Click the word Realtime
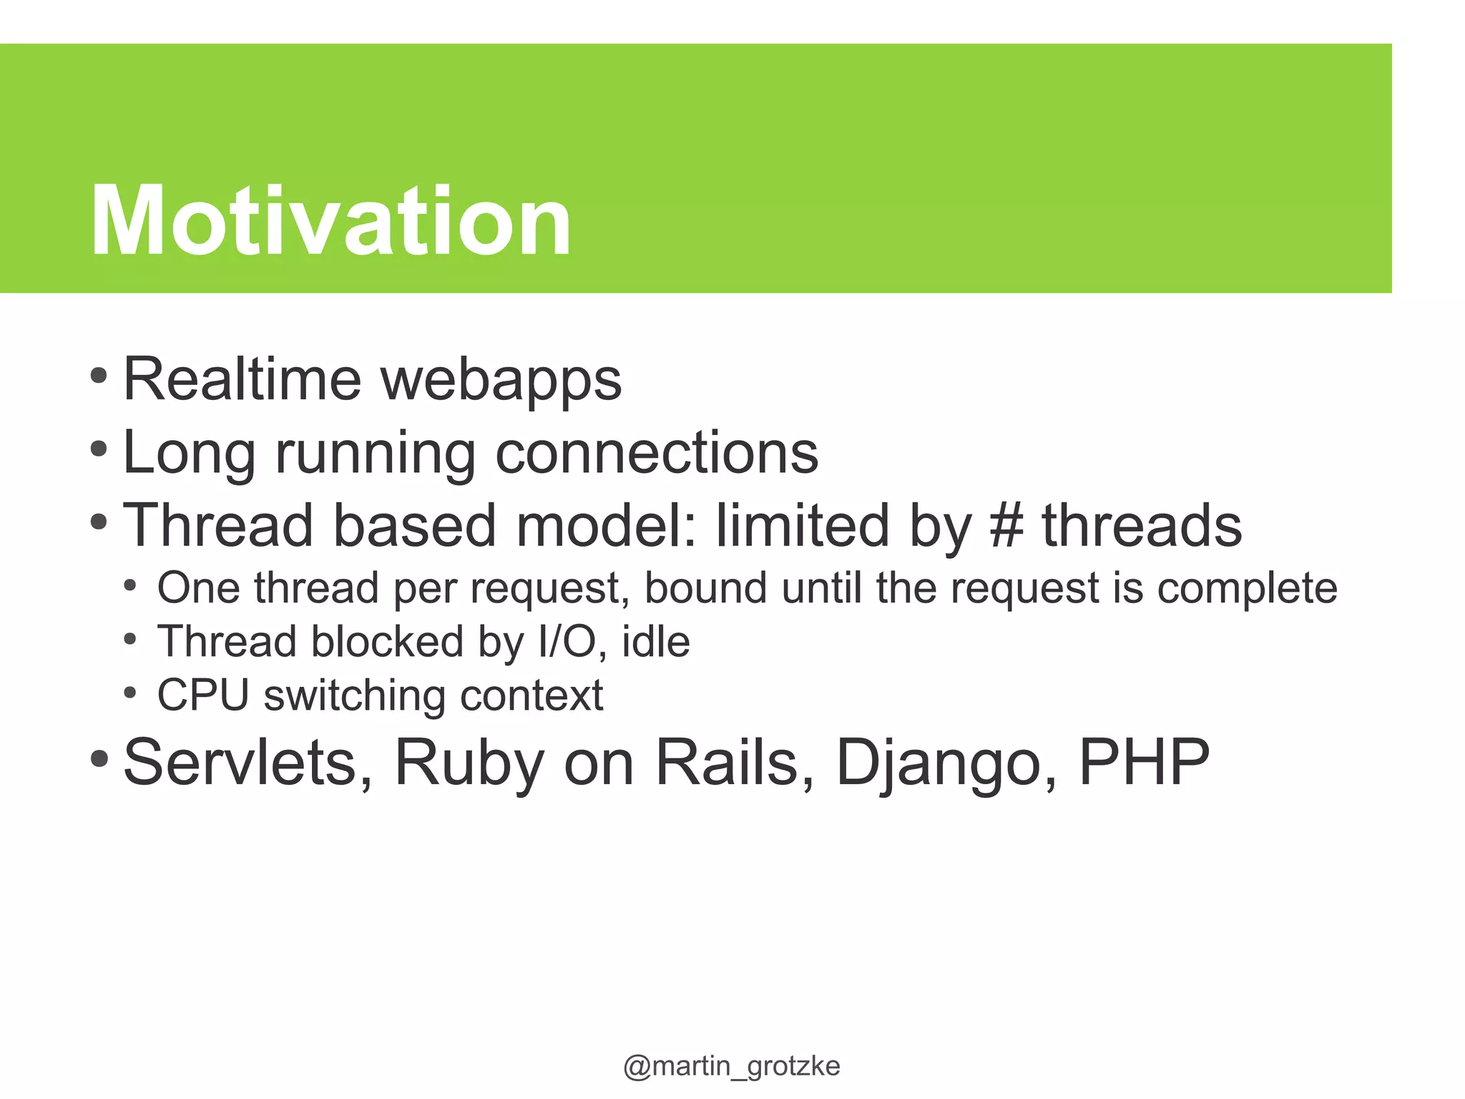tap(242, 379)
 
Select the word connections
tap(657, 453)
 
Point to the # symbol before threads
tap(1006, 526)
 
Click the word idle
tap(655, 642)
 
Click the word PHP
tap(1143, 763)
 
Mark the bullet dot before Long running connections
tap(99, 450)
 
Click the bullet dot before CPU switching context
tap(129, 693)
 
